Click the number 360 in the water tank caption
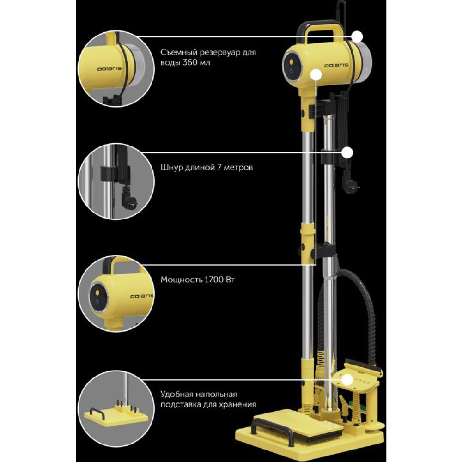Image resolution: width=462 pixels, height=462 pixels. coord(191,63)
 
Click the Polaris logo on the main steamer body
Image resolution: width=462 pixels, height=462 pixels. coord(336,65)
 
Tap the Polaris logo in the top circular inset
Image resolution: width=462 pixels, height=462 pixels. coord(109,69)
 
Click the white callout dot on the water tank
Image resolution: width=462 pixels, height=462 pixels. coord(358,37)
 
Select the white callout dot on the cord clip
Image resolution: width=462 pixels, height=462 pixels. coord(348,153)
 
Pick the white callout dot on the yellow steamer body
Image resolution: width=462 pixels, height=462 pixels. coord(316,75)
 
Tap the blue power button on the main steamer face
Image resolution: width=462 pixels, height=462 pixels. coord(291,72)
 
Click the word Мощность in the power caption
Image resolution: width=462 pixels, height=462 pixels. coord(181,280)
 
